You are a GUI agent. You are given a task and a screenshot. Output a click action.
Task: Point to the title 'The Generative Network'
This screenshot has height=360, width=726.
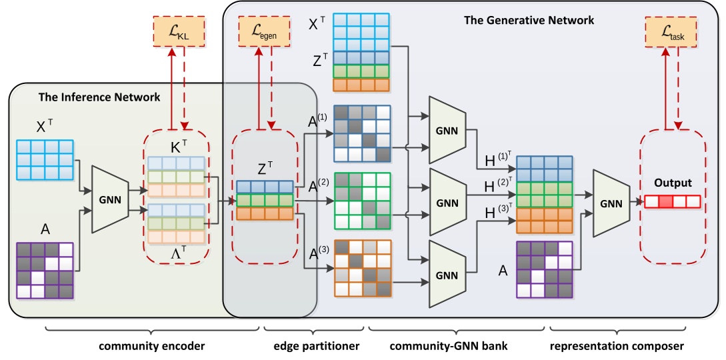tap(529, 21)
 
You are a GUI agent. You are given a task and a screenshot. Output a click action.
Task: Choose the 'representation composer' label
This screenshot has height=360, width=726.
tap(617, 346)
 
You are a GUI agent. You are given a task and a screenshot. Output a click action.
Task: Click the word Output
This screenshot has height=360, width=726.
tap(672, 183)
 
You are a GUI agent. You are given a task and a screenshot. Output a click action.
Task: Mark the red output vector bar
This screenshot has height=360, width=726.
tap(672, 201)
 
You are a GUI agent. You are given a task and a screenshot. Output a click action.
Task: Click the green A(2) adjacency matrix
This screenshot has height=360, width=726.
tap(361, 201)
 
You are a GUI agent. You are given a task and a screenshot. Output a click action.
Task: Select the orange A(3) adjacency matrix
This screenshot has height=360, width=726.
tap(361, 267)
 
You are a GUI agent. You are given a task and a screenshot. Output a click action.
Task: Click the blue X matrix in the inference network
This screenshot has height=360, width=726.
tap(45, 159)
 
